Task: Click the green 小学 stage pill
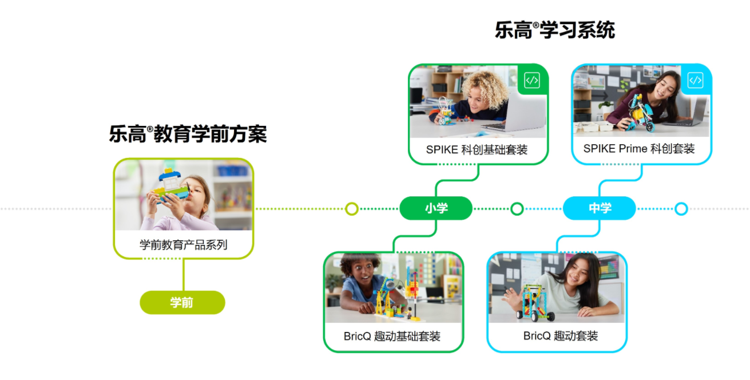pyautogui.click(x=436, y=208)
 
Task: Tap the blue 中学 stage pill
pyautogui.click(x=600, y=208)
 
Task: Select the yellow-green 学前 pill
pyautogui.click(x=182, y=302)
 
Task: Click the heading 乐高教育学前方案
pyautogui.click(x=188, y=134)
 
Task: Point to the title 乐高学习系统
pyautogui.click(x=554, y=30)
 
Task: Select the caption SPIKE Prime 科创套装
pyautogui.click(x=639, y=149)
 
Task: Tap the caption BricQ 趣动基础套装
pyautogui.click(x=392, y=337)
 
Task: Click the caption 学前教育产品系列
pyautogui.click(x=183, y=245)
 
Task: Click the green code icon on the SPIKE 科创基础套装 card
pyautogui.click(x=532, y=81)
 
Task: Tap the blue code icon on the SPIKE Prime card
pyautogui.click(x=695, y=80)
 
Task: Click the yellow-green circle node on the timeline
pyautogui.click(x=352, y=209)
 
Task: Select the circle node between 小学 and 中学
pyautogui.click(x=517, y=209)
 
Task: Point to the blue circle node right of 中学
pyautogui.click(x=681, y=209)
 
